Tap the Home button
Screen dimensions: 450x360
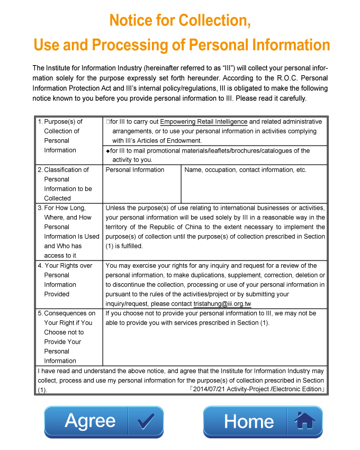249,421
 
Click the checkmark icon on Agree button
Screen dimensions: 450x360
146,421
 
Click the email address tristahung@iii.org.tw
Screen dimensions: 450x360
222,304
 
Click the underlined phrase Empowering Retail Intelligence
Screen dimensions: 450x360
204,122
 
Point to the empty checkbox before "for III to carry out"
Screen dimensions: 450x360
107,122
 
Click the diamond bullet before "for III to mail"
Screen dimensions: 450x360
107,151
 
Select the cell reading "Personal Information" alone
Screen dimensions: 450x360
135,170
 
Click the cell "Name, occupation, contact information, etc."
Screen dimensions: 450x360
245,170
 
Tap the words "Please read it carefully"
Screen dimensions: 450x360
271,98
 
